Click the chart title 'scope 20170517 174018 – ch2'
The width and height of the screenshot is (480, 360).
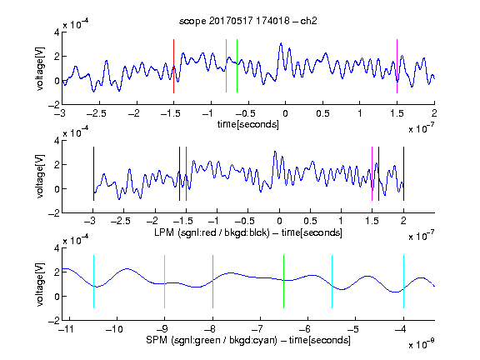point(248,21)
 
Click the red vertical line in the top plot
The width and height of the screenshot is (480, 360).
point(173,66)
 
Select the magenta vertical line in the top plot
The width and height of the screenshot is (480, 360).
point(397,66)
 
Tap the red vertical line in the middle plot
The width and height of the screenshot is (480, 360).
point(186,174)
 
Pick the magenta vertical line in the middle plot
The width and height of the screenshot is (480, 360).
point(372,174)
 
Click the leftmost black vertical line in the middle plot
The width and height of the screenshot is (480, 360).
point(93,174)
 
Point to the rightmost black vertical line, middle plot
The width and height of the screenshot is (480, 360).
point(403,174)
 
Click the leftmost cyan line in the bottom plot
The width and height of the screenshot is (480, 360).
point(93,282)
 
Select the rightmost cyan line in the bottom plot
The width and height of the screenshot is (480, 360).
point(403,282)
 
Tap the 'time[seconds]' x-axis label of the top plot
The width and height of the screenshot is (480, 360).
point(248,125)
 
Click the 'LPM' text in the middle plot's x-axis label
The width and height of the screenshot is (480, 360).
point(164,232)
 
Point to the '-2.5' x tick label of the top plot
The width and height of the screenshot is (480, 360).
point(96,113)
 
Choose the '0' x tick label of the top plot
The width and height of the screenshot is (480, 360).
point(285,113)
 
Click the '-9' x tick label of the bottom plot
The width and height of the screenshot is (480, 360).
point(162,329)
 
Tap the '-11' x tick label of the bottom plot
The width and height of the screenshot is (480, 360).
point(66,329)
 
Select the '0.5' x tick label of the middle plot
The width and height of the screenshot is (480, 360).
point(310,221)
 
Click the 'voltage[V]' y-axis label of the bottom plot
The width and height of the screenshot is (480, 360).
point(40,284)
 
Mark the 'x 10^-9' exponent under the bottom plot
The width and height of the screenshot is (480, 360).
point(421,344)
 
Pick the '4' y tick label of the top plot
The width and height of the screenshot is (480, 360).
point(57,32)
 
